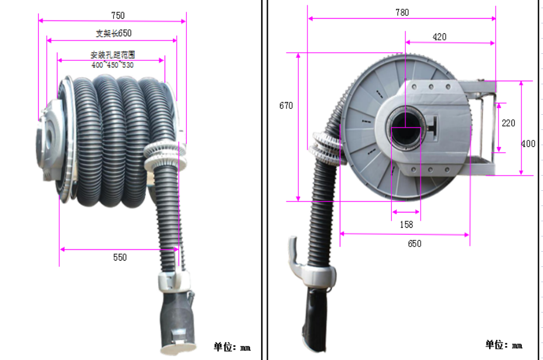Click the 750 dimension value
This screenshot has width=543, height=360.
[118, 15]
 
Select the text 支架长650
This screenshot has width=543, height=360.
[114, 33]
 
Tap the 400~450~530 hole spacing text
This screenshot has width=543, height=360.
[112, 65]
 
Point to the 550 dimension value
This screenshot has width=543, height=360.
[119, 256]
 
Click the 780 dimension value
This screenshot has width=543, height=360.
[402, 12]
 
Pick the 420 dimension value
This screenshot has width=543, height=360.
[439, 37]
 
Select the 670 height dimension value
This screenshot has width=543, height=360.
[286, 106]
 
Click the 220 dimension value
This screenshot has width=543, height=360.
[508, 123]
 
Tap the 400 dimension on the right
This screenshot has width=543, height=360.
[528, 144]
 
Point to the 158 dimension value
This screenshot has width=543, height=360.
[406, 224]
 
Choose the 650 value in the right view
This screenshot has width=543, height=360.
[414, 244]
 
